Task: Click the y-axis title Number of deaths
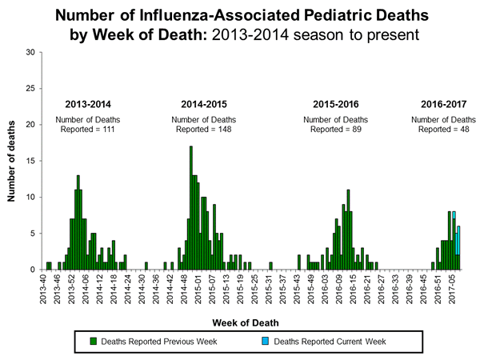(13, 162)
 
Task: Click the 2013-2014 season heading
(87, 104)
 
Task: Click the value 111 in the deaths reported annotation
(107, 129)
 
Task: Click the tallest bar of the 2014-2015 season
(190, 208)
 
